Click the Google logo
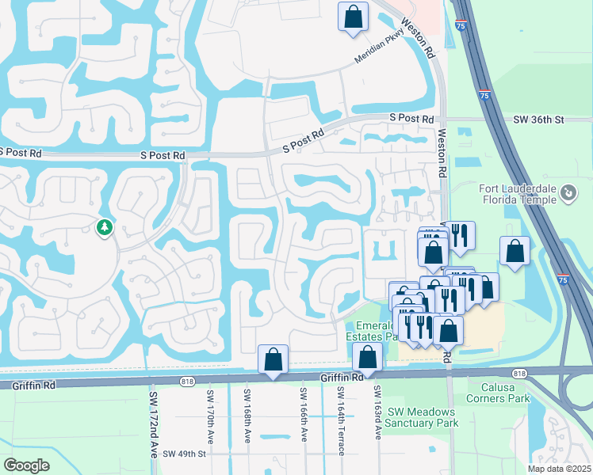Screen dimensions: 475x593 click(26, 465)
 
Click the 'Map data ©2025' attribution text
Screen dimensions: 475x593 click(559, 469)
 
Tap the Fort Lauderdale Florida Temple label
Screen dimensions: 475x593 click(519, 194)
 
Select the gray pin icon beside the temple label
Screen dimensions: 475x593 click(568, 192)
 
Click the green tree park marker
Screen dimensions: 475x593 click(104, 228)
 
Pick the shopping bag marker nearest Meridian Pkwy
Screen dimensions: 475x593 click(353, 17)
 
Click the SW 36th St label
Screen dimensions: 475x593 click(538, 120)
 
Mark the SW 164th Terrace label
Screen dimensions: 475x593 click(340, 421)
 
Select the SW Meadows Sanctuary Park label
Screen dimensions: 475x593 click(421, 417)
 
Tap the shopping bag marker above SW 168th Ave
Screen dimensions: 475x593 click(273, 359)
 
